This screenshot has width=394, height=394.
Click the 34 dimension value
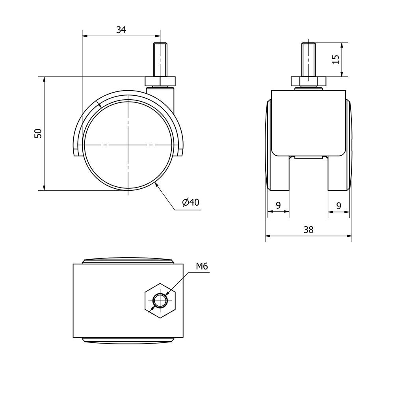point(121,30)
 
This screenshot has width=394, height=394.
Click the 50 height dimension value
point(38,133)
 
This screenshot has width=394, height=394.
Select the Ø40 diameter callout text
point(191,202)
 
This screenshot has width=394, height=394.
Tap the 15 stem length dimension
point(335,59)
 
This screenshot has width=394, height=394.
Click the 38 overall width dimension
point(309,230)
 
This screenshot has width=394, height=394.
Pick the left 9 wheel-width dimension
point(278,206)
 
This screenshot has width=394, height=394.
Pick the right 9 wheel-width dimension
point(339,206)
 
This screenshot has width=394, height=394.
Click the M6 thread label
point(202,266)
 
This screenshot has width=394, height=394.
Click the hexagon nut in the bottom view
point(160,301)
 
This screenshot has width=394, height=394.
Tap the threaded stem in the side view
point(160,60)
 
